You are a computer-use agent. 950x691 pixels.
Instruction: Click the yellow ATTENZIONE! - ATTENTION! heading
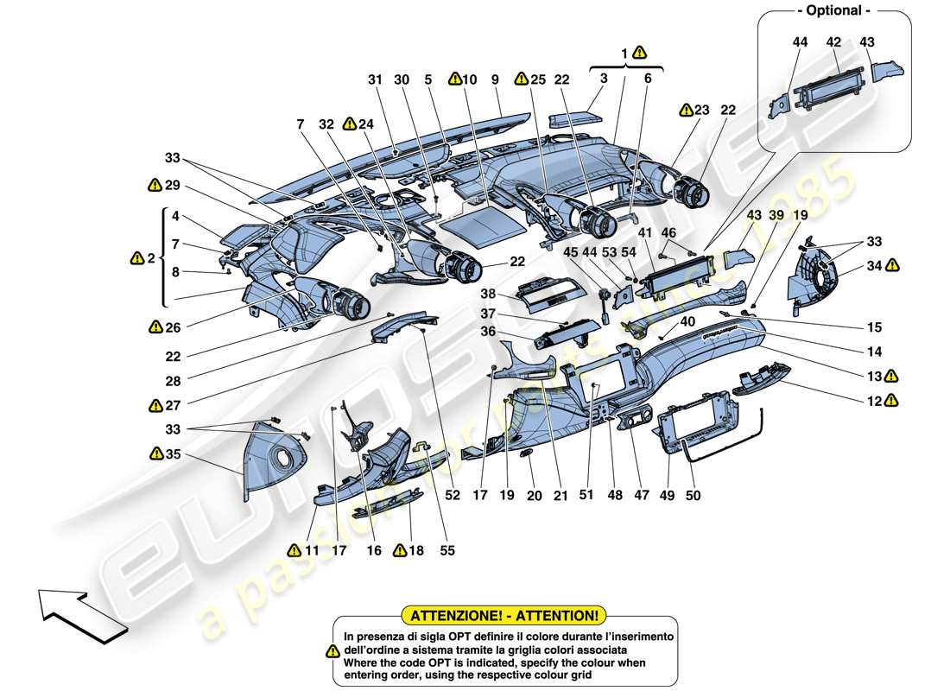(x=505, y=616)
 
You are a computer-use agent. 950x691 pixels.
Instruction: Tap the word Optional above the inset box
(x=833, y=11)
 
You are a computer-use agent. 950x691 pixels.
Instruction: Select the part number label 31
(x=374, y=79)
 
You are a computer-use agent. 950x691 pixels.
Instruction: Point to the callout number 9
(x=495, y=79)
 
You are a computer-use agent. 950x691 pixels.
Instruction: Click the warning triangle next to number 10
(x=454, y=79)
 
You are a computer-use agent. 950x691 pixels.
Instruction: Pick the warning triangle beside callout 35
(x=155, y=453)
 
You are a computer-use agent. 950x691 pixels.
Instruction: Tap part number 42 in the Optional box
(x=833, y=41)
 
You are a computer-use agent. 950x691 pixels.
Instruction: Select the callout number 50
(x=693, y=496)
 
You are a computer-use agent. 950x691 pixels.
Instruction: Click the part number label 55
(x=446, y=550)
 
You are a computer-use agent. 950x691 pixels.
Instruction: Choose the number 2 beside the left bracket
(x=153, y=257)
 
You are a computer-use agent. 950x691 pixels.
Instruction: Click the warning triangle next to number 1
(x=638, y=52)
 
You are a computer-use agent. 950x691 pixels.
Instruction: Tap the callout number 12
(x=876, y=400)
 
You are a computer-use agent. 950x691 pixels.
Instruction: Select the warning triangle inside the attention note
(x=332, y=650)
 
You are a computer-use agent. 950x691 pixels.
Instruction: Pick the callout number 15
(x=876, y=327)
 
